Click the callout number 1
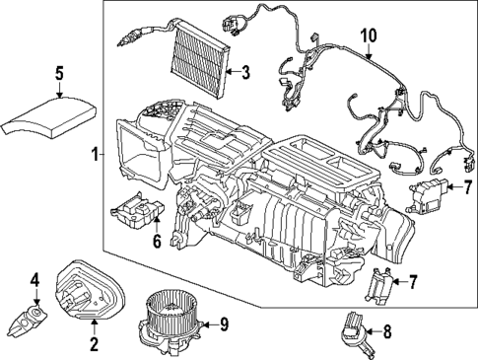coord(95,155)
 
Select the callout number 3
coord(245,70)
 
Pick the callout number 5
coord(58,73)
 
